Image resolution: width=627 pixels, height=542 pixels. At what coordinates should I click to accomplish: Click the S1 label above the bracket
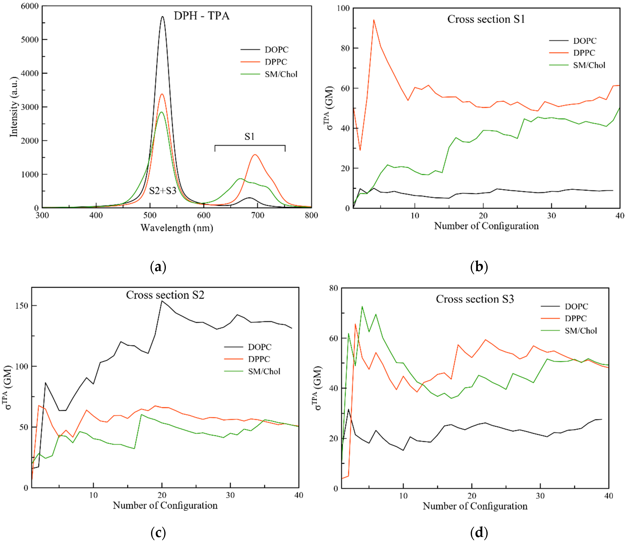[249, 137]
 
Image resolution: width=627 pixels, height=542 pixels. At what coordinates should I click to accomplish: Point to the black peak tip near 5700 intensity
[163, 17]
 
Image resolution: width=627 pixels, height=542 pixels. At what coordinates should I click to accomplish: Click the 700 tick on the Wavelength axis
[258, 215]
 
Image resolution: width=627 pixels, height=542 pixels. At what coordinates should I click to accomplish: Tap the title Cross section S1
[486, 19]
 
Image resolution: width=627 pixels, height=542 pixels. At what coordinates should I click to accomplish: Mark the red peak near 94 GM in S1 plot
[374, 20]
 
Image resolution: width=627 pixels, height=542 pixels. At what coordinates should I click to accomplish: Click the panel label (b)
[479, 266]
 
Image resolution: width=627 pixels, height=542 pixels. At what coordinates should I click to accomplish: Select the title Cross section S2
[165, 295]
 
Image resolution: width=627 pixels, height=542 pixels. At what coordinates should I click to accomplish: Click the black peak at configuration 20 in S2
[162, 301]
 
